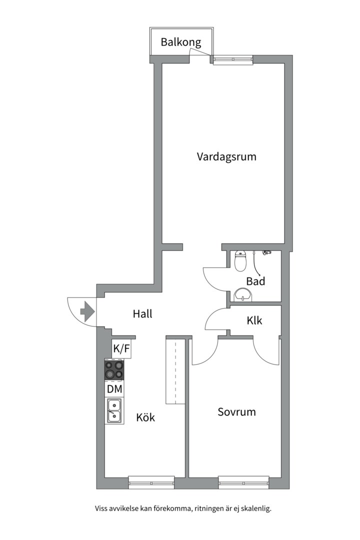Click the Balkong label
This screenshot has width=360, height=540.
[x=180, y=42]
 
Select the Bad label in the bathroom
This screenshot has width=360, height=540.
[x=255, y=281]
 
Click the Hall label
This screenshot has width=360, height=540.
[x=142, y=314]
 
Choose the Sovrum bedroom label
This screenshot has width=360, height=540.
[x=236, y=412]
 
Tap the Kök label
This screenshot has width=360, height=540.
[x=145, y=417]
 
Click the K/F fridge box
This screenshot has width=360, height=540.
[x=121, y=349]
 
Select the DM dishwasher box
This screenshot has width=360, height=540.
[x=114, y=388]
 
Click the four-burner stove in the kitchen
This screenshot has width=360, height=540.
[x=114, y=370]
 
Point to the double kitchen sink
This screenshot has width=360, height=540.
[x=113, y=410]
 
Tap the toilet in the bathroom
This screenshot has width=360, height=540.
[x=241, y=260]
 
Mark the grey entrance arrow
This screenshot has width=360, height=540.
[x=87, y=311]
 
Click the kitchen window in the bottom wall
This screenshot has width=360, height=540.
[x=151, y=482]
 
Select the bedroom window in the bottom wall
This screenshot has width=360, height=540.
[x=243, y=482]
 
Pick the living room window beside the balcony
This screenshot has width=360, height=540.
[x=233, y=60]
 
